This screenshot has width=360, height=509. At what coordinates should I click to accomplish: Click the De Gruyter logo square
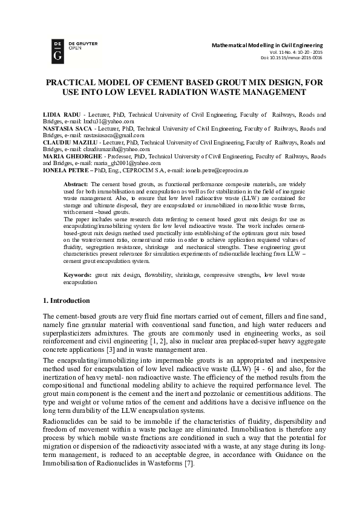coord(58,51)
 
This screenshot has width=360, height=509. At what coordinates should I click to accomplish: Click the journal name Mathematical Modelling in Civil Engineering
coord(267,45)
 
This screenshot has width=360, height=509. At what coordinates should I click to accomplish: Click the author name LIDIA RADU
coord(61,114)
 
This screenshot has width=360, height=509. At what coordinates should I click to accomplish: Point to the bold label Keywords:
coord(79,275)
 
